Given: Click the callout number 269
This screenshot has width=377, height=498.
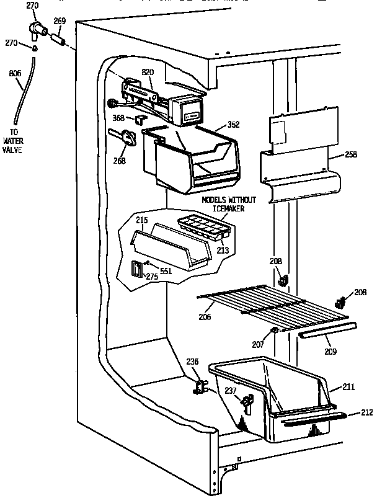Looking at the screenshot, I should (60, 21).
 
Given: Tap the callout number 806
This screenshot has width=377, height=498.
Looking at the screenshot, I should (16, 73).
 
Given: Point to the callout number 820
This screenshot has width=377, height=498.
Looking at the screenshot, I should (148, 72).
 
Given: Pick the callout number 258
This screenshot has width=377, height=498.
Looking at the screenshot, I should (350, 154).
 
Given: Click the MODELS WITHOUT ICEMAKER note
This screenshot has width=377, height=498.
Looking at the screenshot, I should (228, 204).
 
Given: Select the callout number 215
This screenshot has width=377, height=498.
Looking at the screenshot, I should (142, 221).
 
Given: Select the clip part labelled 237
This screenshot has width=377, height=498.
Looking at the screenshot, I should (248, 404).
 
